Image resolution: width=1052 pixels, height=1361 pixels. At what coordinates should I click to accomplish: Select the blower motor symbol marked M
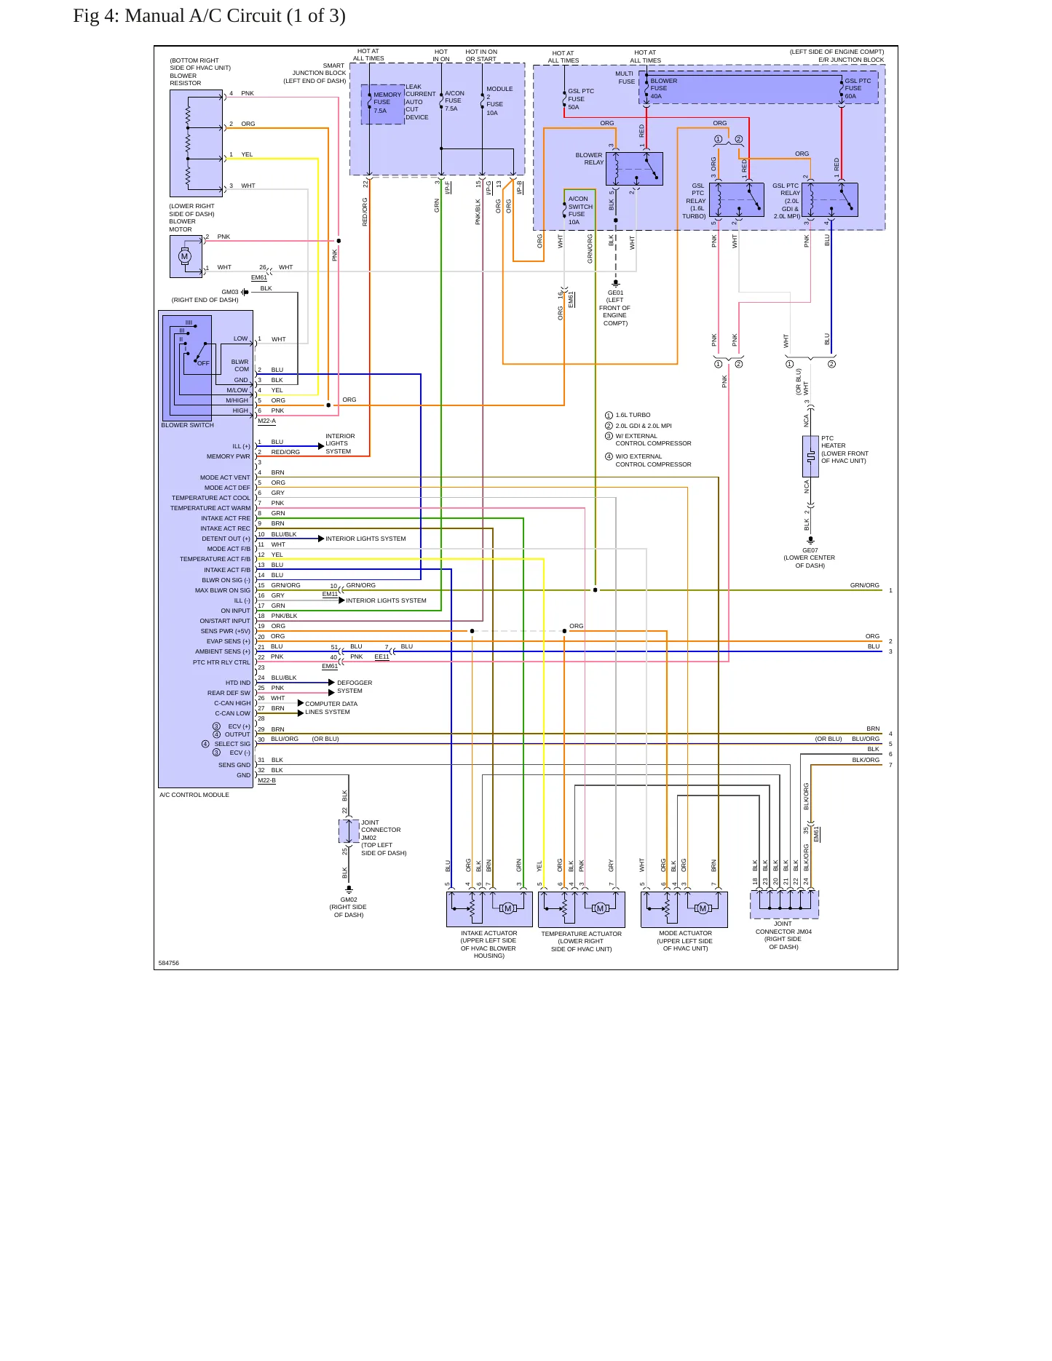[x=184, y=256]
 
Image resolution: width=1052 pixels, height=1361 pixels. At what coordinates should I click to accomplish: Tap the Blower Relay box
[x=634, y=169]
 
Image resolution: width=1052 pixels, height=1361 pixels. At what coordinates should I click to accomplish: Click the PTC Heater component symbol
[x=810, y=456]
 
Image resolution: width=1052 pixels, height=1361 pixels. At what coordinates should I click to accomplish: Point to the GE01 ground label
[x=616, y=293]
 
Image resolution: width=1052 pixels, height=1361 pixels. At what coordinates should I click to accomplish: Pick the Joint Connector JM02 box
[x=349, y=830]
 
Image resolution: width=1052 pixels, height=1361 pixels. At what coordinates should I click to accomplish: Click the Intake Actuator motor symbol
[x=508, y=908]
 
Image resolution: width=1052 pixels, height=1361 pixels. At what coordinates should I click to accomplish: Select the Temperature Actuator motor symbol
[x=600, y=908]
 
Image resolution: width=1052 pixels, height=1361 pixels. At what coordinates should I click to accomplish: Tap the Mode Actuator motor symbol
[x=703, y=908]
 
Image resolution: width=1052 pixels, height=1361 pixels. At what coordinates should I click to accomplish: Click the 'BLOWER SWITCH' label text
[x=187, y=425]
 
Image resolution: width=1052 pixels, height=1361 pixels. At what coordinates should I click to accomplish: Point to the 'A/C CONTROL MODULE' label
[x=194, y=795]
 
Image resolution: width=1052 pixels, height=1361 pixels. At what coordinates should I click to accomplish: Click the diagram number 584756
[x=169, y=963]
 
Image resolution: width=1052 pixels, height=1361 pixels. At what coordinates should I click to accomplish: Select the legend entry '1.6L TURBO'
[x=633, y=415]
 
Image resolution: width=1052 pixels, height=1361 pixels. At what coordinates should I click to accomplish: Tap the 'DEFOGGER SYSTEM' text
[x=355, y=686]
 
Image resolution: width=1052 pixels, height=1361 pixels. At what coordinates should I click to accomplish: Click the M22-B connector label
[x=266, y=780]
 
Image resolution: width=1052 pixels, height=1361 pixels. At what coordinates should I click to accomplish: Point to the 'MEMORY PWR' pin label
[x=228, y=456]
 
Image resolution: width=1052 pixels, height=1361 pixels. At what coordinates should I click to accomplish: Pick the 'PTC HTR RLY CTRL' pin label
[x=221, y=662]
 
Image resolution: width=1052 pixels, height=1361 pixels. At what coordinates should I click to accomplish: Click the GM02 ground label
[x=349, y=900]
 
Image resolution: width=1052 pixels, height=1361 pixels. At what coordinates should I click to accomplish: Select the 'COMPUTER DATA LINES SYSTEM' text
[x=331, y=707]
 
